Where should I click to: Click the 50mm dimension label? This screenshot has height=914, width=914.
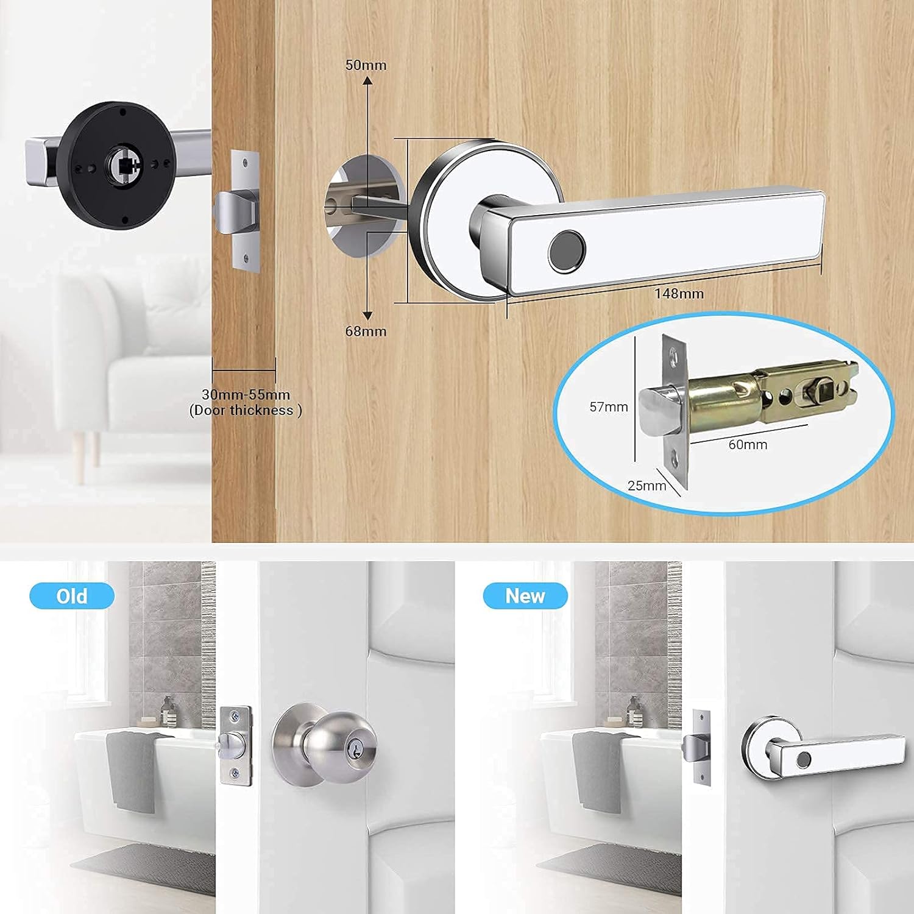pyautogui.click(x=366, y=65)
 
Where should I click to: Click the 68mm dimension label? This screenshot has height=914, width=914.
pyautogui.click(x=366, y=331)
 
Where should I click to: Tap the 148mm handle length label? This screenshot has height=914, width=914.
pyautogui.click(x=679, y=294)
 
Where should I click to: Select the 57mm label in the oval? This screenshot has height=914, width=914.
pyautogui.click(x=608, y=407)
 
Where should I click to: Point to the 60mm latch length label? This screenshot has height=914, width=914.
pyautogui.click(x=748, y=445)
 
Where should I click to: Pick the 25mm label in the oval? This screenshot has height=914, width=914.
pyautogui.click(x=647, y=486)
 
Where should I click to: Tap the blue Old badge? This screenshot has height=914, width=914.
pyautogui.click(x=72, y=596)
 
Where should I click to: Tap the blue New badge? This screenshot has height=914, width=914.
pyautogui.click(x=525, y=596)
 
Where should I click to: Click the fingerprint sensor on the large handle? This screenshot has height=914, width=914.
pyautogui.click(x=567, y=250)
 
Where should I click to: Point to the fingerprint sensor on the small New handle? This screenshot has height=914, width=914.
pyautogui.click(x=805, y=760)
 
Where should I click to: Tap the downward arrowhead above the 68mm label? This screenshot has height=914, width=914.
pyautogui.click(x=367, y=315)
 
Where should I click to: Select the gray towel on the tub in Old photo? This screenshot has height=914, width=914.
pyautogui.click(x=131, y=771)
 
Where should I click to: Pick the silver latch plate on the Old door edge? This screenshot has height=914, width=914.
pyautogui.click(x=235, y=745)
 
